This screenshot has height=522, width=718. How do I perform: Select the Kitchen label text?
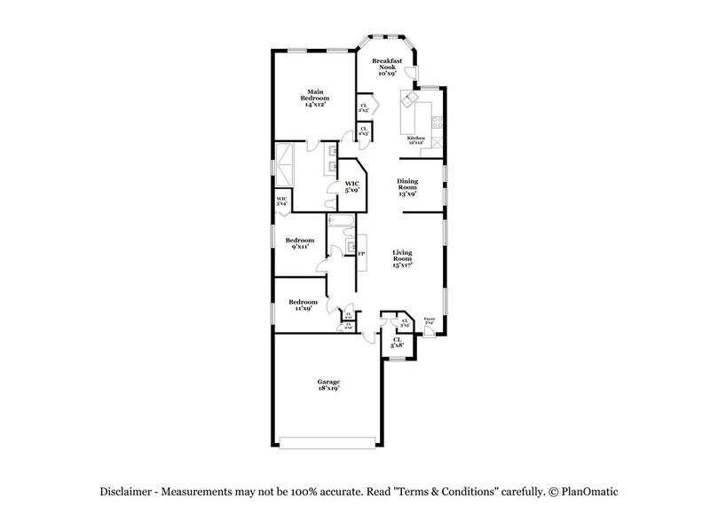(x=416, y=138)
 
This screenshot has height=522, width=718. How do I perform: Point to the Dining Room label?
(x=407, y=186)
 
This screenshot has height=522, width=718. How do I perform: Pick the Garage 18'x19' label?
(x=329, y=384)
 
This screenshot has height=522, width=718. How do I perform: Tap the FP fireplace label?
(x=361, y=254)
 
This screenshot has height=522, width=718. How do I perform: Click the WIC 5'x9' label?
(x=353, y=187)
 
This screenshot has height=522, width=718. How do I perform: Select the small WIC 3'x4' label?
(x=281, y=201)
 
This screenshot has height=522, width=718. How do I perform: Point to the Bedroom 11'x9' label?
(x=302, y=306)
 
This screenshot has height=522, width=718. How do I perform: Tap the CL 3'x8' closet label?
(x=398, y=342)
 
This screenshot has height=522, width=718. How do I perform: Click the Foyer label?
(x=430, y=320)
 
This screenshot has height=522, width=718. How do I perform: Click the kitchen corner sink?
(x=410, y=98)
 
